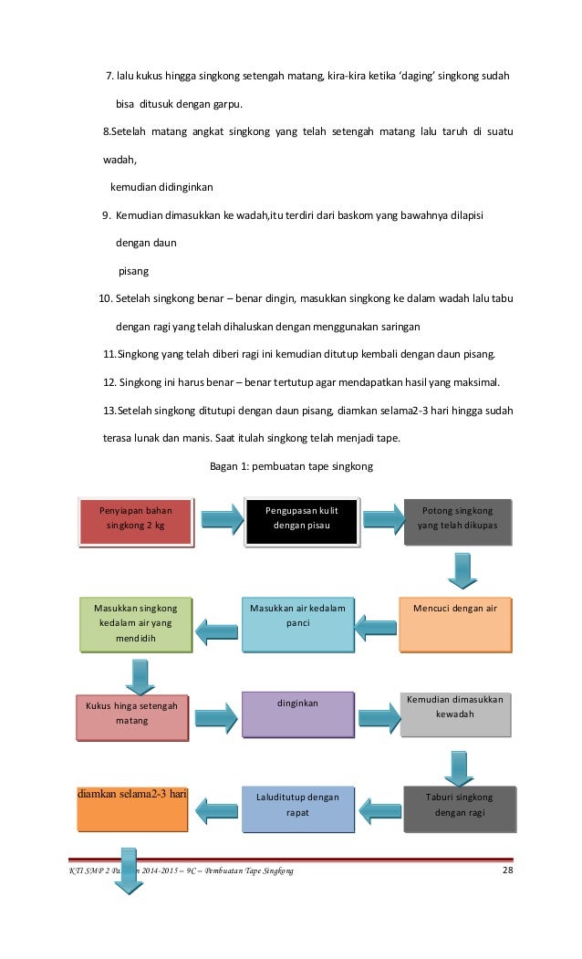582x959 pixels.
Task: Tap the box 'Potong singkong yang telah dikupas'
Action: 457,522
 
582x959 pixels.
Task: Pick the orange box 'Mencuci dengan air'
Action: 454,624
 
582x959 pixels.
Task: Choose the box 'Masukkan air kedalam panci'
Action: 296,625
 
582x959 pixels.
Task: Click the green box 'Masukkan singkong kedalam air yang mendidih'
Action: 136,625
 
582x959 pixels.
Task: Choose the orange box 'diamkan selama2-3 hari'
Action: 131,807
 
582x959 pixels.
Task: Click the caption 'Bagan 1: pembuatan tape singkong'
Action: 292,467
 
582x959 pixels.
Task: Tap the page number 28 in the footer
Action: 508,873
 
